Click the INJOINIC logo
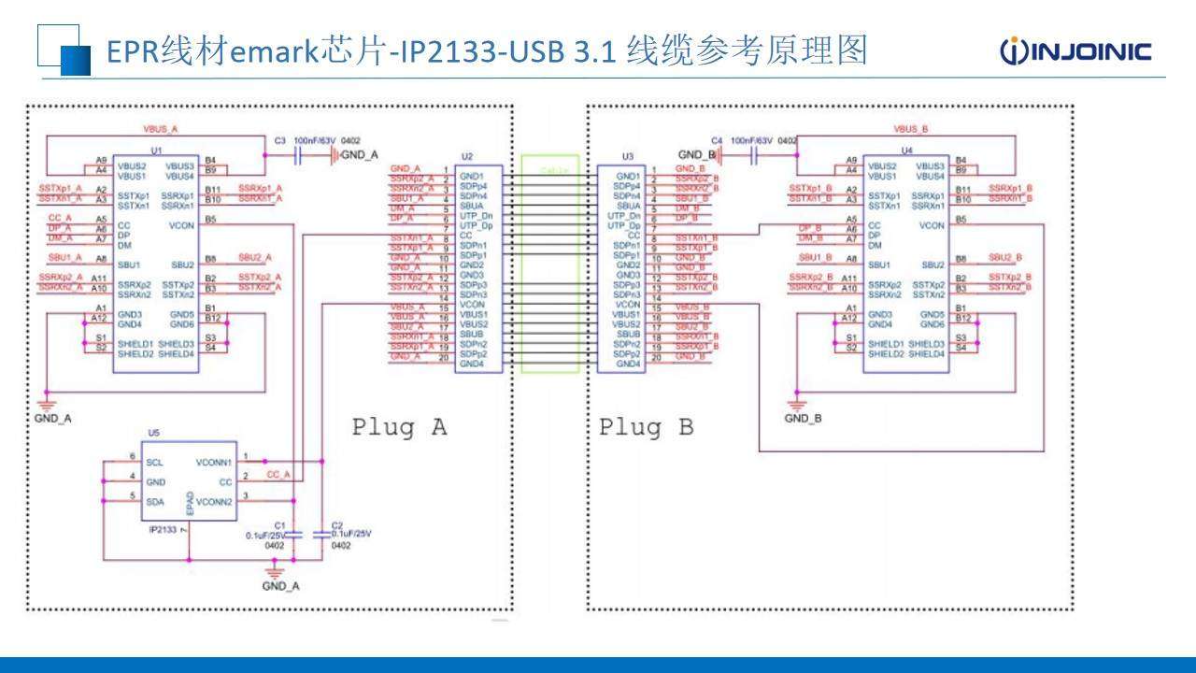[x=1075, y=50]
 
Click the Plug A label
[x=399, y=427]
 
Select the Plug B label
[x=646, y=427]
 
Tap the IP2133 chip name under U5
[x=164, y=530]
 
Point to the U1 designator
[x=157, y=150]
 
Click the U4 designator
[x=906, y=150]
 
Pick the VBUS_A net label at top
[x=160, y=128]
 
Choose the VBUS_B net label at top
[x=911, y=128]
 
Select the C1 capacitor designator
[x=281, y=525]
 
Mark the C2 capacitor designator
[x=337, y=525]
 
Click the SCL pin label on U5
[x=155, y=462]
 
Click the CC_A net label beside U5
[x=278, y=475]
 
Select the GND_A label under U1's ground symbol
[x=52, y=419]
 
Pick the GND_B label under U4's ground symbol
[x=802, y=419]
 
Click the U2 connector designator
[x=468, y=156]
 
